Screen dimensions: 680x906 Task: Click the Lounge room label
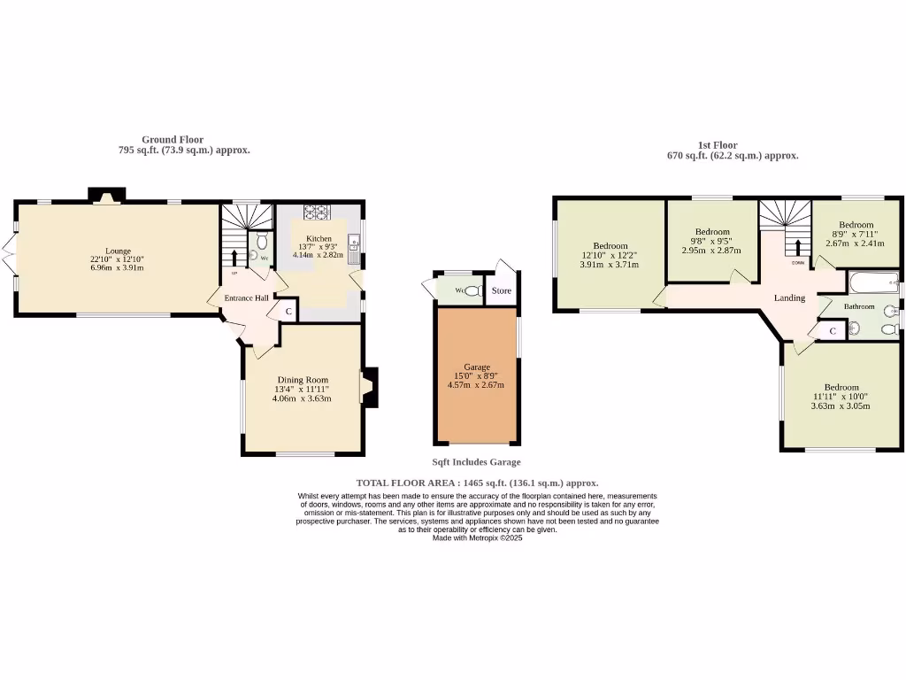(118, 251)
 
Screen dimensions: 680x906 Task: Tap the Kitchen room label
(319, 239)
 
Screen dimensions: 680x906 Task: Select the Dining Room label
(302, 380)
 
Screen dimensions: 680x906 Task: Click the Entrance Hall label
(246, 298)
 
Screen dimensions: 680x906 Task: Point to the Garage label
(476, 367)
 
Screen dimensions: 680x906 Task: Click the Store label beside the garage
(502, 290)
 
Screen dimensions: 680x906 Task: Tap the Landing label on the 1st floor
(789, 298)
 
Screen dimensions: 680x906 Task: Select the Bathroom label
(858, 306)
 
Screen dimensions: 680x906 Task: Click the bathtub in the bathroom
(872, 284)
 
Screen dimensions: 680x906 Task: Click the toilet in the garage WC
(472, 290)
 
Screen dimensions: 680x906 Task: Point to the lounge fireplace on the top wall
(106, 196)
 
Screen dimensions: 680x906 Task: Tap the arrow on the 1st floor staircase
(797, 246)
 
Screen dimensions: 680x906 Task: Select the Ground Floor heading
(173, 140)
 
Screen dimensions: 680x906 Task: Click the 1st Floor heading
(717, 145)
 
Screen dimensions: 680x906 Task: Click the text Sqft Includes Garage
(476, 462)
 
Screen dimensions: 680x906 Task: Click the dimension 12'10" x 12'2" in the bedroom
(610, 255)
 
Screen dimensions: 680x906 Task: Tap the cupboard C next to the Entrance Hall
(288, 312)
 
